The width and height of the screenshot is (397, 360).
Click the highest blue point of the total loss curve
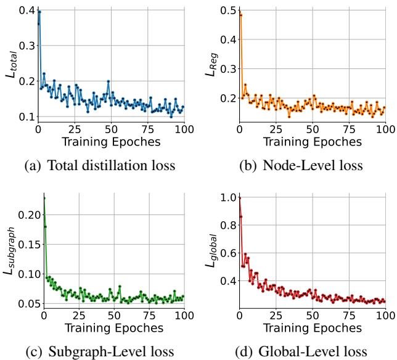click(39, 12)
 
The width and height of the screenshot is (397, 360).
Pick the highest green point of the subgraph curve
click(44, 198)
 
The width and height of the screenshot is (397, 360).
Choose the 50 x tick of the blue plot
click(111, 129)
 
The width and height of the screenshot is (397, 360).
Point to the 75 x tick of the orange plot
click(349, 129)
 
